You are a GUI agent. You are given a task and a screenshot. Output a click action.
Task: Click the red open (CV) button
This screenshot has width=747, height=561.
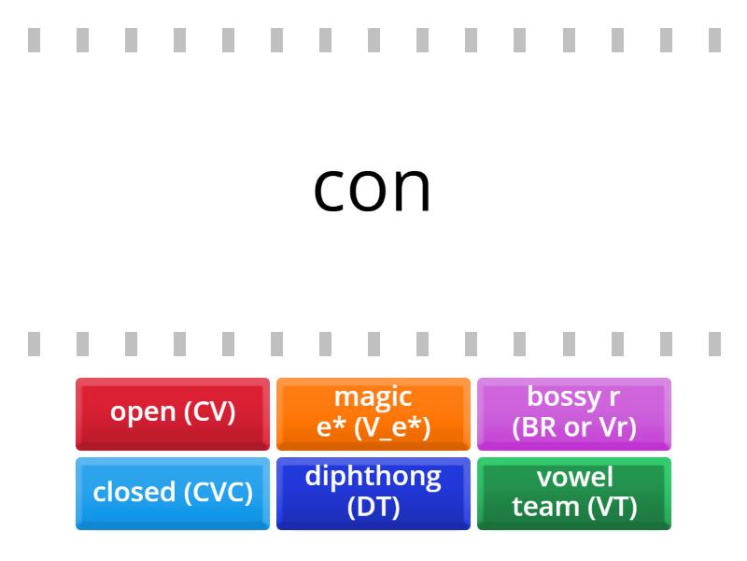tap(173, 413)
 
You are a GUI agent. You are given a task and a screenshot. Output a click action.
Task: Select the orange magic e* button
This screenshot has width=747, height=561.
tap(373, 413)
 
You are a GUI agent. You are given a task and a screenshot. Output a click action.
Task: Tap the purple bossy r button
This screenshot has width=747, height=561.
tap(574, 413)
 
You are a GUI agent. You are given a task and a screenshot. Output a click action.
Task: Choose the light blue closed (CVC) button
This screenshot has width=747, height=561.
tap(173, 493)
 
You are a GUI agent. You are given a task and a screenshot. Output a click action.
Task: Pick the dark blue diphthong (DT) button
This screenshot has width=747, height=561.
tap(373, 493)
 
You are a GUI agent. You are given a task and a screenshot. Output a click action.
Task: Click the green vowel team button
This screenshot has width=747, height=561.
tap(574, 493)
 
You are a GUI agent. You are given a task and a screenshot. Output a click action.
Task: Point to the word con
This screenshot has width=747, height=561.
tap(373, 188)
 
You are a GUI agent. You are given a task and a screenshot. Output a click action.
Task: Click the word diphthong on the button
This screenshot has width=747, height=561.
tap(373, 477)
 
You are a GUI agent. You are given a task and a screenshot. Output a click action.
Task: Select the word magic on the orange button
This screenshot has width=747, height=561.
tap(373, 397)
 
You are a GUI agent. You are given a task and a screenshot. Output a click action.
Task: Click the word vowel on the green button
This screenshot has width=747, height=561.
tap(575, 477)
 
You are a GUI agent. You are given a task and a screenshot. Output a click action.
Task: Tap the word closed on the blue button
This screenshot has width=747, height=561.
tap(130, 492)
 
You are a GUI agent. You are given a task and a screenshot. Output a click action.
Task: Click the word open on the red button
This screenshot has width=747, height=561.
tap(142, 412)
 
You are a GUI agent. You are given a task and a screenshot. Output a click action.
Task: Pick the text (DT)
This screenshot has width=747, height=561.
tap(373, 507)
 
